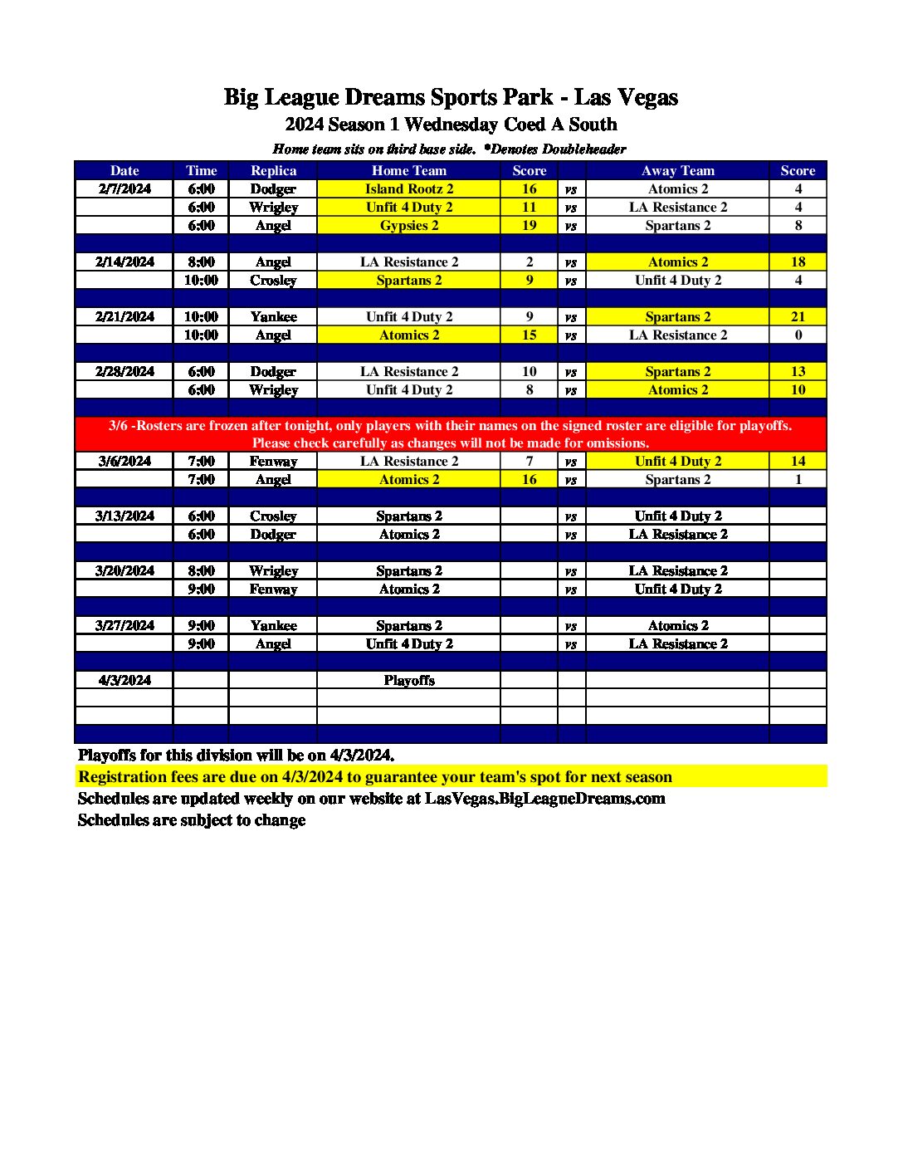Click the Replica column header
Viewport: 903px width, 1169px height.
[273, 170]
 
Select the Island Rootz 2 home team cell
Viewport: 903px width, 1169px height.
[409, 188]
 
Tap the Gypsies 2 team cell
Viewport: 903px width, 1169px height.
[409, 225]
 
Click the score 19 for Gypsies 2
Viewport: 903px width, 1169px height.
[530, 225]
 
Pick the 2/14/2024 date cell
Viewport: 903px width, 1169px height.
[124, 262]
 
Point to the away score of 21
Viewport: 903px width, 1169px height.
[798, 316]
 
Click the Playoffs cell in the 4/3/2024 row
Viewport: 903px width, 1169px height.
[409, 680]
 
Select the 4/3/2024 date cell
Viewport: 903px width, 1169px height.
[124, 680]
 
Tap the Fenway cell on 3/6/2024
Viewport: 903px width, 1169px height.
[273, 461]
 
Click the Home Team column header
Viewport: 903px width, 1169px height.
[409, 170]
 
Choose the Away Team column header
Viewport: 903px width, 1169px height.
[677, 170]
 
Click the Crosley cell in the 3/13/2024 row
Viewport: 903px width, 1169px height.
[273, 516]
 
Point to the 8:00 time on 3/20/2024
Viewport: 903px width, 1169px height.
[201, 570]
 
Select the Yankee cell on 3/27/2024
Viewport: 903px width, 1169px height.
[273, 625]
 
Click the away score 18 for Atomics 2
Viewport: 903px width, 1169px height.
[798, 262]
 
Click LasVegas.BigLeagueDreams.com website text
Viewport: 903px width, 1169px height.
[544, 798]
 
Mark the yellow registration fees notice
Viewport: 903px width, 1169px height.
[375, 776]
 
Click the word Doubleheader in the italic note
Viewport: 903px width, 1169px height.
[584, 149]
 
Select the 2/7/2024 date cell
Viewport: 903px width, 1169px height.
[124, 188]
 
